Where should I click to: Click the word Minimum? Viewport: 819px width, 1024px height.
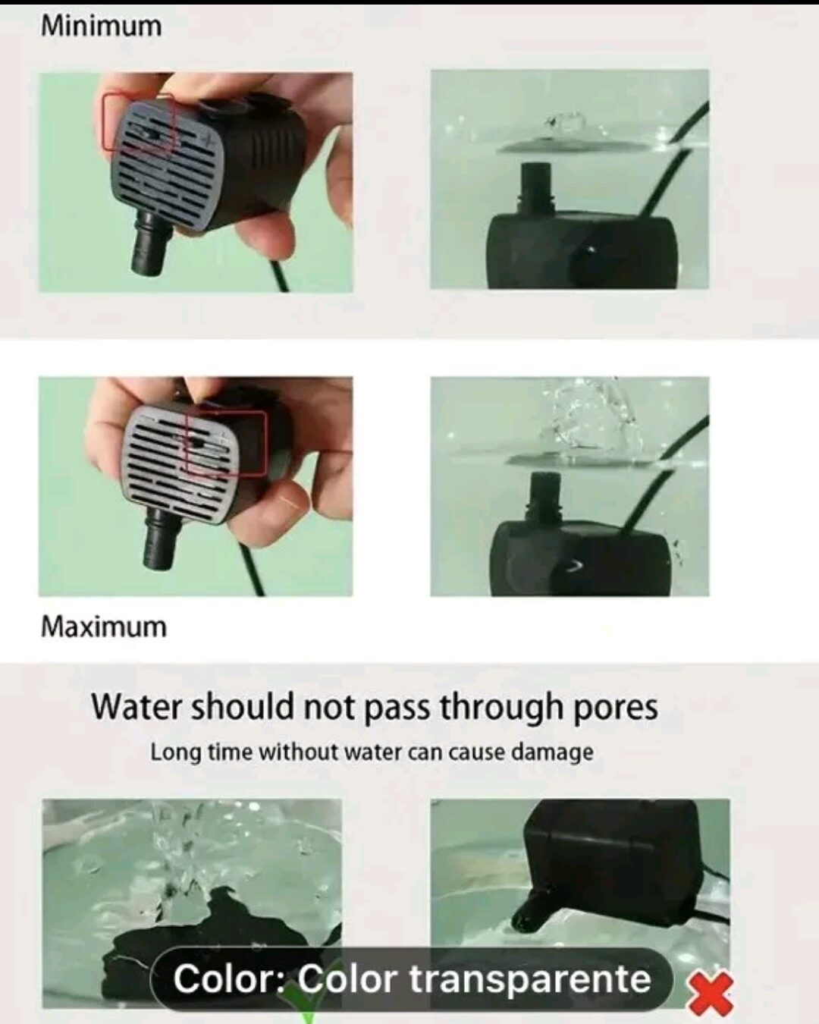101,26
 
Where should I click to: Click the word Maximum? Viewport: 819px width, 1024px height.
104,627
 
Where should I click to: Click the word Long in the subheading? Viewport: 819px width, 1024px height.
175,753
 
